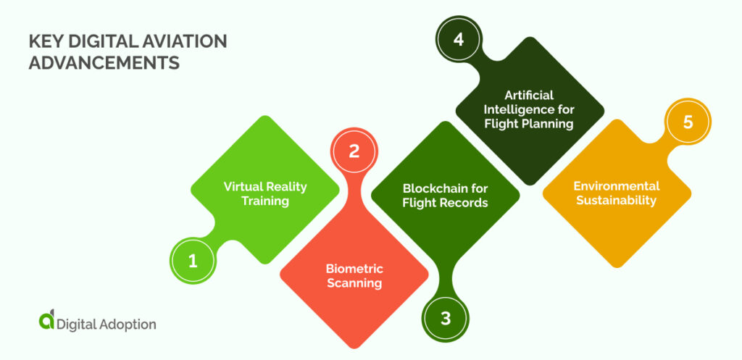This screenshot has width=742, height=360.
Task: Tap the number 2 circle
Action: pyautogui.click(x=354, y=152)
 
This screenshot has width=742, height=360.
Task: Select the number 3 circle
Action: pyautogui.click(x=446, y=317)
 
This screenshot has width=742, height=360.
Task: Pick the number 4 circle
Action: pyautogui.click(x=458, y=39)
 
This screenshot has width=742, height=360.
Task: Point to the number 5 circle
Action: pyautogui.click(x=688, y=122)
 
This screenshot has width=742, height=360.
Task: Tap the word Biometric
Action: pyautogui.click(x=354, y=269)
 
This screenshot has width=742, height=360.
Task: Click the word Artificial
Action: pyautogui.click(x=529, y=96)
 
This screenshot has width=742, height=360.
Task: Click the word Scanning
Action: pyautogui.click(x=354, y=283)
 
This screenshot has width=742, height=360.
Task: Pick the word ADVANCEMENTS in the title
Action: pyautogui.click(x=104, y=63)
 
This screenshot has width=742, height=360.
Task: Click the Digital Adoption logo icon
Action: pyautogui.click(x=46, y=321)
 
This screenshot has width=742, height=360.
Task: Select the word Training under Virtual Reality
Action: pyautogui.click(x=265, y=201)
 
